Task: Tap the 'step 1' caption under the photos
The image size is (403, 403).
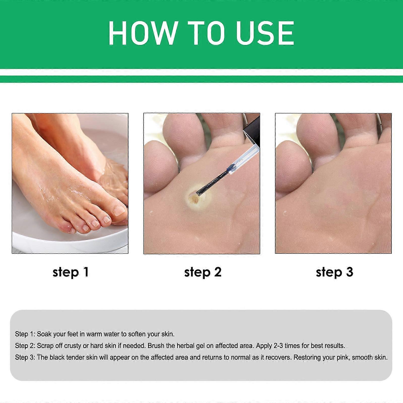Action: coord(71,272)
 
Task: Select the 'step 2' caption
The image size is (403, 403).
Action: coord(203,272)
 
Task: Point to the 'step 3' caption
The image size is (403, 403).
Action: coord(334,272)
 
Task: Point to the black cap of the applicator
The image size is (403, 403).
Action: coord(251,128)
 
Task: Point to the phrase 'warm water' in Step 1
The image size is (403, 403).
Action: coord(103,334)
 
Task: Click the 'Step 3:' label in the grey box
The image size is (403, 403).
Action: coord(25,358)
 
